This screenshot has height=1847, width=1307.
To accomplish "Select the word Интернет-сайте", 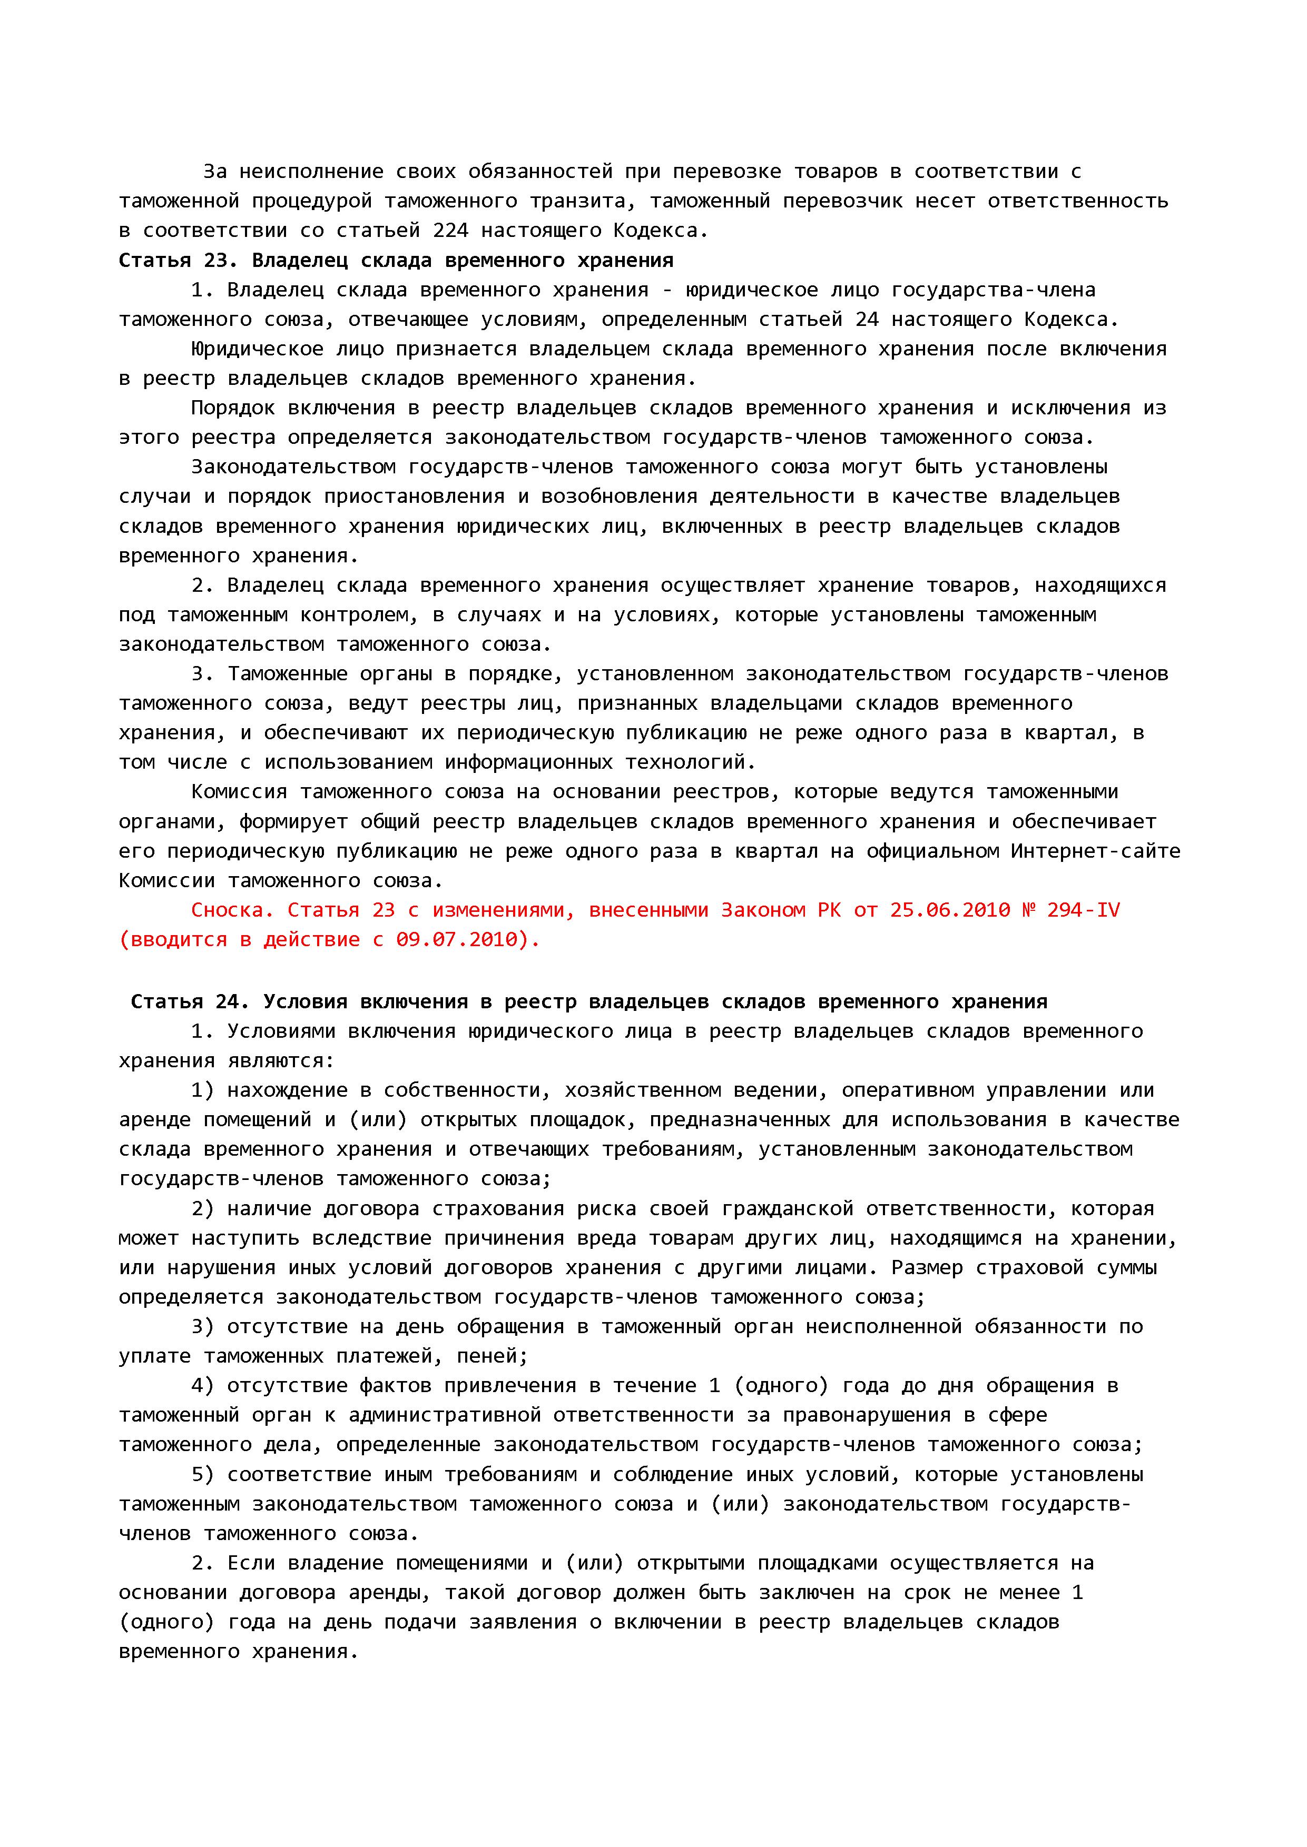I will [1095, 851].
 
